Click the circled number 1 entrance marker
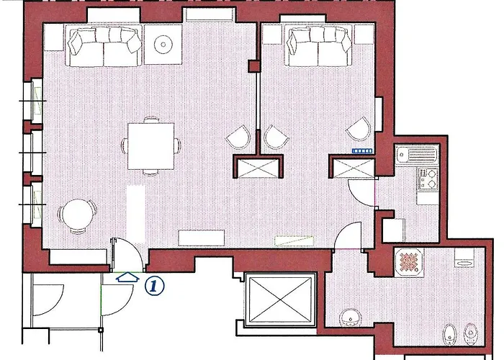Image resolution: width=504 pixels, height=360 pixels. tap(154, 286)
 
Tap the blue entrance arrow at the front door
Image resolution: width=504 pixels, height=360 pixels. tap(127, 277)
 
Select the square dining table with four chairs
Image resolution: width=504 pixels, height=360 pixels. tap(150, 146)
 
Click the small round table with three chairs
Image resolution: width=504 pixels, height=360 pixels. tap(78, 216)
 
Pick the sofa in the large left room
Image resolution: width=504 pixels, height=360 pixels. tap(104, 46)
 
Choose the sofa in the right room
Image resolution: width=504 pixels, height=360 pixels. tap(320, 46)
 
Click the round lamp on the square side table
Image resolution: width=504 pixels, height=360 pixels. tap(163, 45)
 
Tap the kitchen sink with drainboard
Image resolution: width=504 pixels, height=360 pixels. tap(417, 155)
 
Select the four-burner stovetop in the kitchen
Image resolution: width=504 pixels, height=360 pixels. tap(428, 180)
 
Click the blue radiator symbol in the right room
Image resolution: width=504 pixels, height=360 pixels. tap(362, 151)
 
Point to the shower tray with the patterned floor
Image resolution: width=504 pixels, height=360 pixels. tap(409, 262)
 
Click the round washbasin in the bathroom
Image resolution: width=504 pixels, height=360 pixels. tap(351, 318)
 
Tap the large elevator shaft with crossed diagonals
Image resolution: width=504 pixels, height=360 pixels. tap(281, 300)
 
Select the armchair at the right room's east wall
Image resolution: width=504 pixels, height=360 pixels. tap(359, 129)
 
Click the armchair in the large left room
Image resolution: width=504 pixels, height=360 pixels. tap(238, 138)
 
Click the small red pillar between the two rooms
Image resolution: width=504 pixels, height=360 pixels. tap(254, 66)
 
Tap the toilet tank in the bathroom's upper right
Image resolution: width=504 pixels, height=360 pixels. tap(464, 257)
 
